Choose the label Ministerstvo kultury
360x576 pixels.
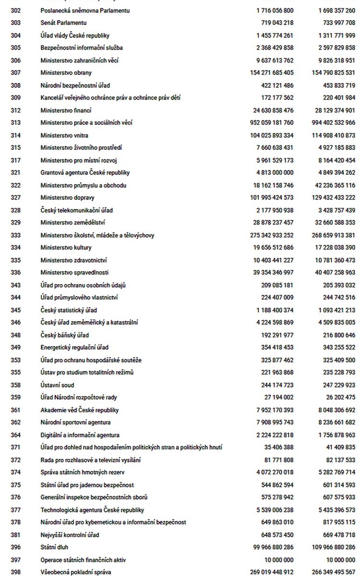coord(66,248)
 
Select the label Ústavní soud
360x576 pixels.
coord(57,385)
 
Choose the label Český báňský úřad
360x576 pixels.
coord(64,335)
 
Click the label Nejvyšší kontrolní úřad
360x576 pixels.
coord(70,535)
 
